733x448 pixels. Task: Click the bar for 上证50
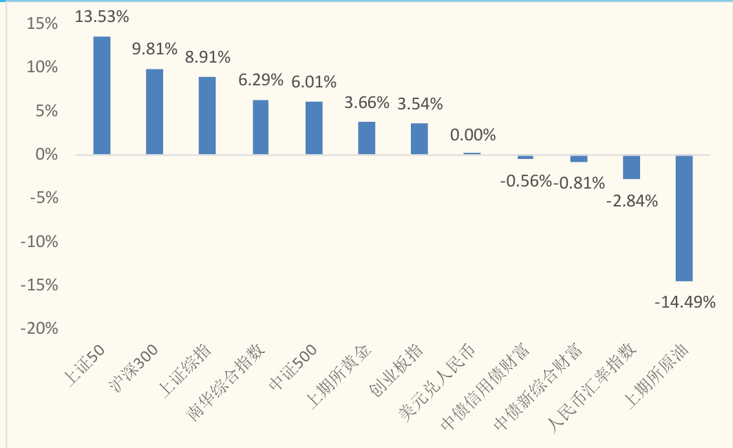102,96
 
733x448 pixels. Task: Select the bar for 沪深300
155,111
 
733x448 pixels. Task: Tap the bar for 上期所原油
683,218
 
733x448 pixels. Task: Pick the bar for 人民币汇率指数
631,167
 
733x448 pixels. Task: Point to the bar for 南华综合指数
260,127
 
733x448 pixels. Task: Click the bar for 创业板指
419,139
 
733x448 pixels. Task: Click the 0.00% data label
473,135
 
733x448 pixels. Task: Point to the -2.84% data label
633,202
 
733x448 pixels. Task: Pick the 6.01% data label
314,82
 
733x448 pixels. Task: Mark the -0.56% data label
525,181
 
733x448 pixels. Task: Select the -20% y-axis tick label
40,329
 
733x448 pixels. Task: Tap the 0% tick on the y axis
47,155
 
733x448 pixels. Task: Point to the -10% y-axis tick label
40,242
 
